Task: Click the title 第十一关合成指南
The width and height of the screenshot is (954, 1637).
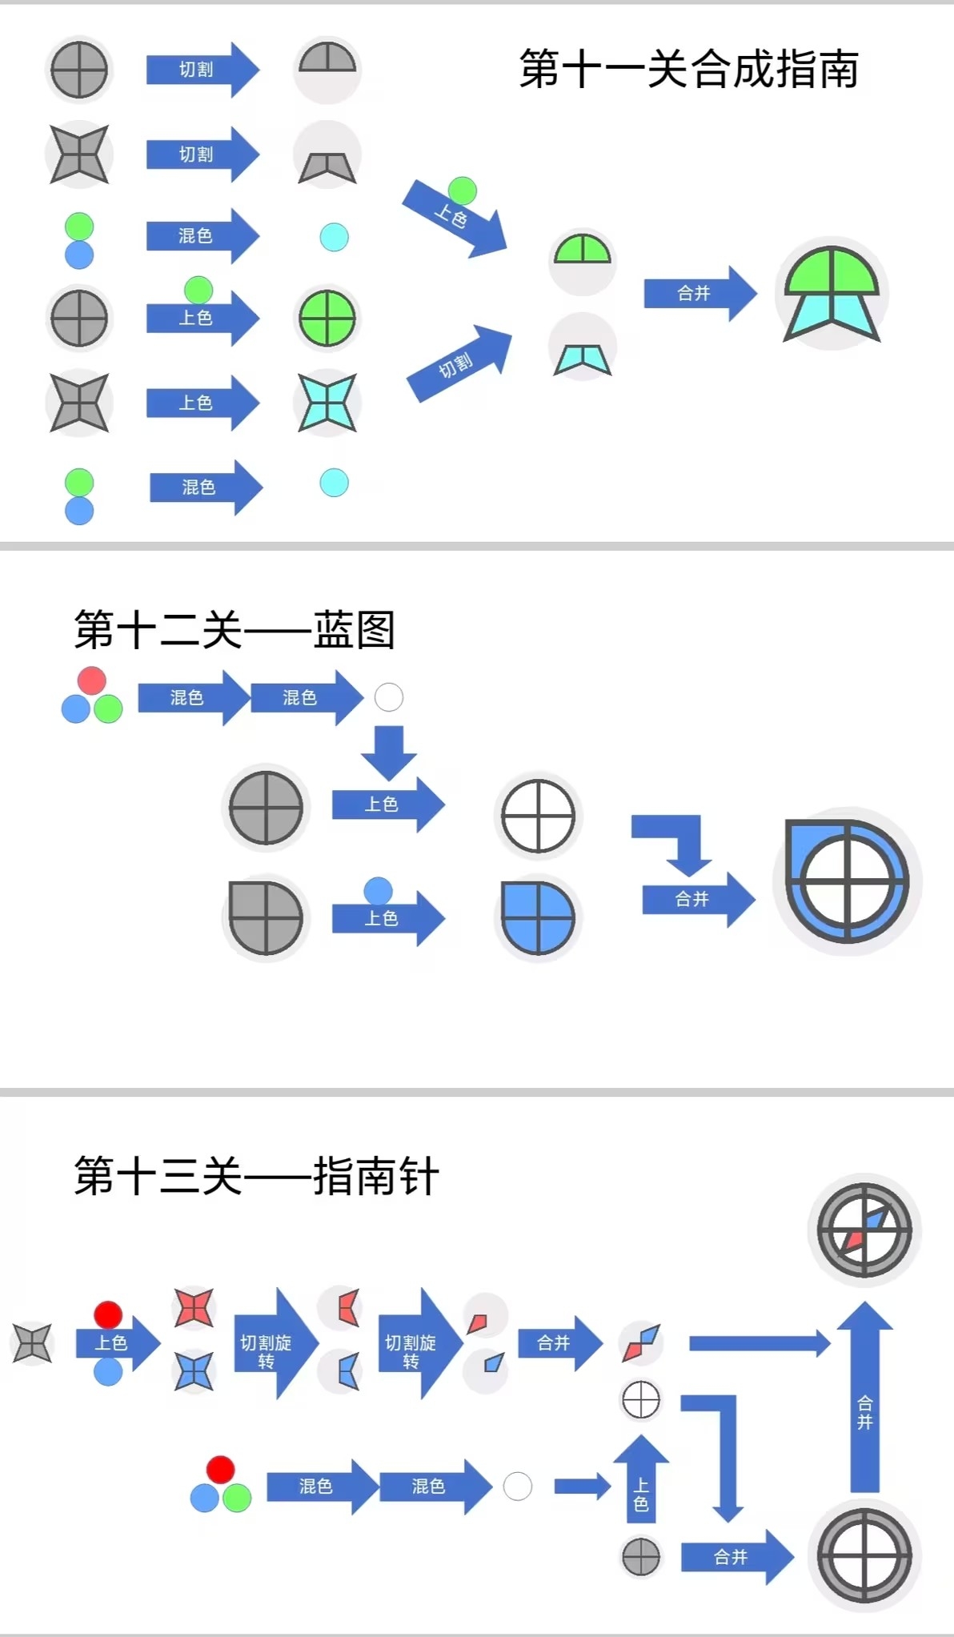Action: point(689,69)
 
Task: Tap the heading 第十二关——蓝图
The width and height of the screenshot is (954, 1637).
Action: point(234,630)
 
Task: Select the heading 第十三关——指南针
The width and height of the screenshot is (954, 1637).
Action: point(256,1176)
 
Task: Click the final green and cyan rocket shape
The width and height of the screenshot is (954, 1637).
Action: point(832,295)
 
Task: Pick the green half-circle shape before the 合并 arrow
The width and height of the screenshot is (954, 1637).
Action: point(582,251)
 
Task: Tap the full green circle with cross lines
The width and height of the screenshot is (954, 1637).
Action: point(327,318)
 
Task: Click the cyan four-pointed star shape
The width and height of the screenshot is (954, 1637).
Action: point(327,403)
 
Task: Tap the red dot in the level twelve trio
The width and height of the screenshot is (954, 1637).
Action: point(92,680)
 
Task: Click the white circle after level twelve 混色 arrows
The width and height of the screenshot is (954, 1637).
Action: point(389,697)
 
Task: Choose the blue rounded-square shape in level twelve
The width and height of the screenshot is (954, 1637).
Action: point(538,918)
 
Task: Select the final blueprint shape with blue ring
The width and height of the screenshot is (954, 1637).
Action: point(847,881)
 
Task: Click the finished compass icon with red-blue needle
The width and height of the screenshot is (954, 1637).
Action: point(864,1230)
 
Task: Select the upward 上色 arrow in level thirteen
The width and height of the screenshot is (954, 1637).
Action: point(641,1481)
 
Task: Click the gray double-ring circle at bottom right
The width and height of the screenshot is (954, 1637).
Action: point(864,1556)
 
